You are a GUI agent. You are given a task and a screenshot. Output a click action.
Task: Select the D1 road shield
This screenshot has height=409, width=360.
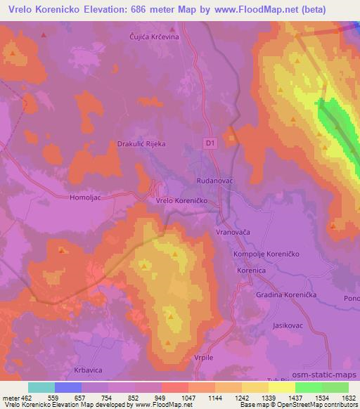[x=210, y=142]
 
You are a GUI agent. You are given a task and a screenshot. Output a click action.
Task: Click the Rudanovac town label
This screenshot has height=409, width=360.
[x=214, y=180]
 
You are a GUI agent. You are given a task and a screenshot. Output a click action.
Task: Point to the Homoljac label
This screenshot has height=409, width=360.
[x=86, y=198]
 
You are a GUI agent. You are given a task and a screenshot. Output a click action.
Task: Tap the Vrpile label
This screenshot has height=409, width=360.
[x=202, y=358]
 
